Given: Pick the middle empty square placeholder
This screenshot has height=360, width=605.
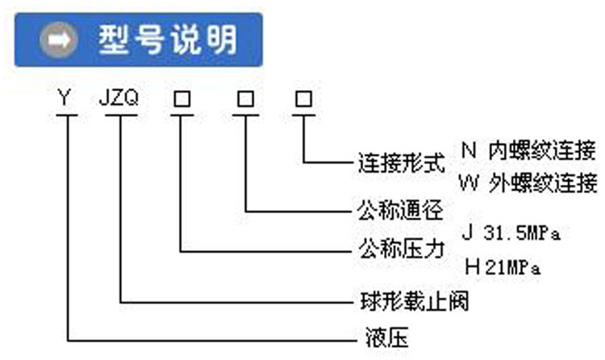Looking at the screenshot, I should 244,100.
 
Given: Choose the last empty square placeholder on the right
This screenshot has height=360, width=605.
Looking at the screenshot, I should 304,100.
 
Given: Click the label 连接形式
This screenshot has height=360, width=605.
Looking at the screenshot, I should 401,162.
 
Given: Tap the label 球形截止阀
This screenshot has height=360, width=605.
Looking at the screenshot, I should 412,302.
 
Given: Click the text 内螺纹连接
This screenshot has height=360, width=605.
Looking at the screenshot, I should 542,150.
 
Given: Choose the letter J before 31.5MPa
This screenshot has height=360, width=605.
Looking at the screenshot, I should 468,232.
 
